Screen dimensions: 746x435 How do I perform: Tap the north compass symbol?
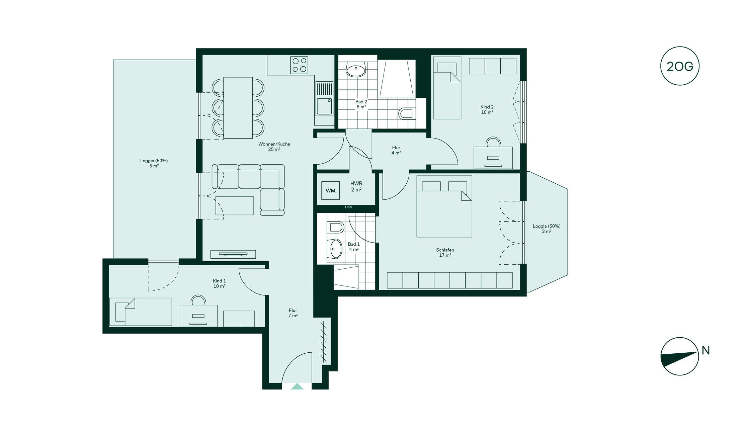point(679,356)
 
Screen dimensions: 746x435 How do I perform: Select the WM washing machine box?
point(330,190)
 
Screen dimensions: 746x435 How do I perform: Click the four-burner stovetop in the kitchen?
point(299,65)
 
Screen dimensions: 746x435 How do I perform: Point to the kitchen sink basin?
point(324,106)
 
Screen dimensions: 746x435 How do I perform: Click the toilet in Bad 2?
point(407,113)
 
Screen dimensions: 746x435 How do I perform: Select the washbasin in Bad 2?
point(355,70)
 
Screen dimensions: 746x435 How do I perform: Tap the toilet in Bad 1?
point(336,227)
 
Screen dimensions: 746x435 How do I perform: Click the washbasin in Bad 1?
point(335,249)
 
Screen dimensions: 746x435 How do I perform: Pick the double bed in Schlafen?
point(444,206)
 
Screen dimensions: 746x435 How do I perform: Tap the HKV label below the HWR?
point(348,207)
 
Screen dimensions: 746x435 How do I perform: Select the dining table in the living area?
point(238,108)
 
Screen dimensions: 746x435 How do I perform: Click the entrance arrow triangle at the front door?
point(297,386)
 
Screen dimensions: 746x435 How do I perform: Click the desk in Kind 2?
point(493,158)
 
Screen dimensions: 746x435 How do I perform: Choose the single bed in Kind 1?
point(141,312)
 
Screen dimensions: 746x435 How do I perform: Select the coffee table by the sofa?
point(234,205)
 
